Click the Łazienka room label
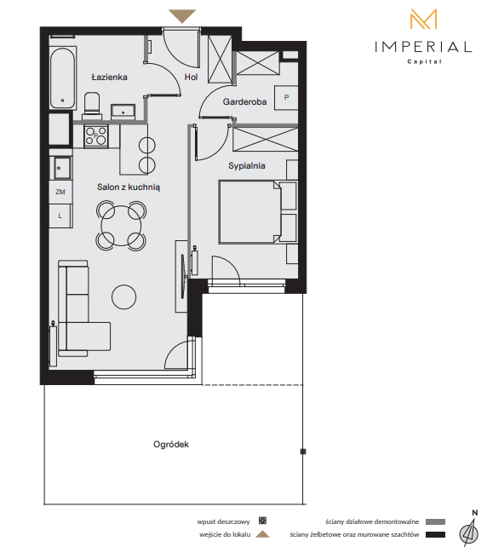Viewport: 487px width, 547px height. pos(109,77)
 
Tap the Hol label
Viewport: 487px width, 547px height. pos(191,77)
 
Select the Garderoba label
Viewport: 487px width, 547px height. pos(244,102)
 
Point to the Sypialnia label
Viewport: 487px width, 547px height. pos(247,165)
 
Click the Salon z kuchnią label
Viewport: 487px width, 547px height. pos(129,187)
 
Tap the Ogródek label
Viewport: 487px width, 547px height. pos(171,445)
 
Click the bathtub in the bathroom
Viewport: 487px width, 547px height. pos(63,78)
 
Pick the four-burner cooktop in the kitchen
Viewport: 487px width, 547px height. pos(96,136)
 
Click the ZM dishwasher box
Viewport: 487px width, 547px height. pos(60,192)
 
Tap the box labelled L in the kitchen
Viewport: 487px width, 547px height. pos(60,216)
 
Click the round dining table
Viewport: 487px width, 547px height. pos(121,226)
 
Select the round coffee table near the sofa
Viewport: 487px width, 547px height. pos(123,297)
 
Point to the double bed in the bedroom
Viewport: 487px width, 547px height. pos(249,212)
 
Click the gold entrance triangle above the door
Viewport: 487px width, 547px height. pos(182,16)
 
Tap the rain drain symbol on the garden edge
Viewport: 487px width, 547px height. pos(303,452)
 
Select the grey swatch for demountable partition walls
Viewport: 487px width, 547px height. pos(435,522)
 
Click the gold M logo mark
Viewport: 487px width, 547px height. pos(423,20)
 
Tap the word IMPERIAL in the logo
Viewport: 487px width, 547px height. pos(423,47)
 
